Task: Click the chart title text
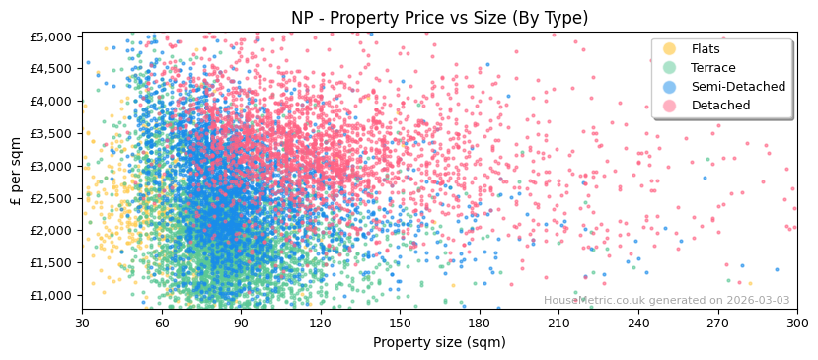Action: (x=439, y=18)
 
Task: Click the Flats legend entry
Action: (x=706, y=49)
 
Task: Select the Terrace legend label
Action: (x=712, y=68)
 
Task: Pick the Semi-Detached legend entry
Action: (x=738, y=87)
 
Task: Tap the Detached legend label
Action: (x=720, y=106)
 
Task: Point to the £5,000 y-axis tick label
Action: (x=51, y=37)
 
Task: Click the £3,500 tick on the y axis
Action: (x=51, y=134)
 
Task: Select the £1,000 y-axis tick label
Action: (x=51, y=296)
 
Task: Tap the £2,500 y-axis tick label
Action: (x=51, y=198)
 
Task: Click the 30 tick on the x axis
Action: (x=82, y=323)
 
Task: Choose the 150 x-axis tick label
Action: (x=400, y=323)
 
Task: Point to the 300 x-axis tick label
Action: (x=797, y=323)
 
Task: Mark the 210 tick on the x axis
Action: (x=558, y=323)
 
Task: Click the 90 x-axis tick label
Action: (x=241, y=323)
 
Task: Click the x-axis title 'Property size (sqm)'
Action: (x=439, y=343)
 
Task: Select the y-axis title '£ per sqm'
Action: (x=17, y=172)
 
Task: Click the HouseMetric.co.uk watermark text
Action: (x=666, y=301)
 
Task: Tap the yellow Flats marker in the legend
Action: (x=670, y=49)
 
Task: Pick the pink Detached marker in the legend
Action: (x=670, y=106)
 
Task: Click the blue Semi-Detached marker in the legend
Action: (x=670, y=87)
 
